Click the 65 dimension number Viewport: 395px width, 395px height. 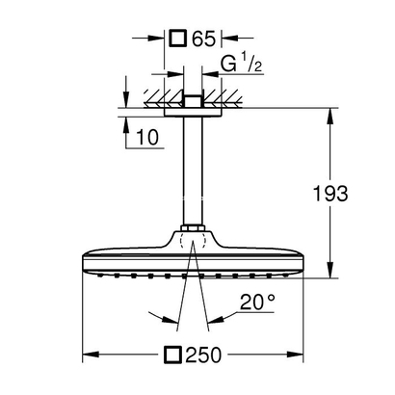click(203, 39)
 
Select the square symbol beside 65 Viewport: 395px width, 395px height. click(178, 39)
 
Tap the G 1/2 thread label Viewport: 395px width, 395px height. click(242, 64)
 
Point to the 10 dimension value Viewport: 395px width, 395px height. click(147, 137)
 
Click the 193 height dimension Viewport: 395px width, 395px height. click(330, 194)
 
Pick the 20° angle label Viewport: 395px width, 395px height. click(257, 302)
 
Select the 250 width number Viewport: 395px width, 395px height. click(203, 355)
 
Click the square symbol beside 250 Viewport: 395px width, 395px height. click(173, 355)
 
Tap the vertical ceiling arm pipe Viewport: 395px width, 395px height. click(193, 171)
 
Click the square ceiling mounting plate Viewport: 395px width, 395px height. click(193, 112)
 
